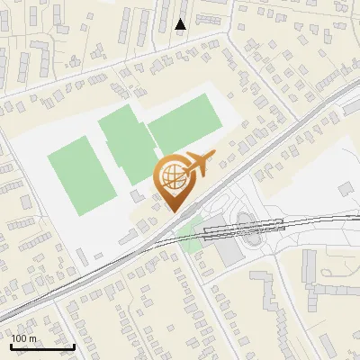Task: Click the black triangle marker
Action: (x=181, y=24)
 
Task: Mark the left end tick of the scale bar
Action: (x=11, y=344)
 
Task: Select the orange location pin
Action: (x=174, y=181)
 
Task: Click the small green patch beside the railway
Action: (x=190, y=236)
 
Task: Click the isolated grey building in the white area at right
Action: (x=346, y=188)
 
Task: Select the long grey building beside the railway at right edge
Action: (x=351, y=108)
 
